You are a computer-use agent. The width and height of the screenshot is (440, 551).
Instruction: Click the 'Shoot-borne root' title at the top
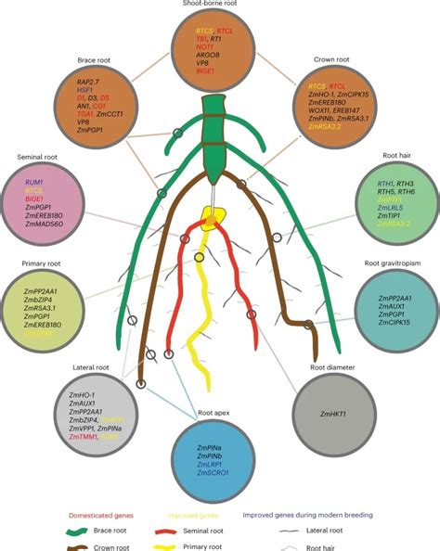pyautogui.click(x=219, y=5)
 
